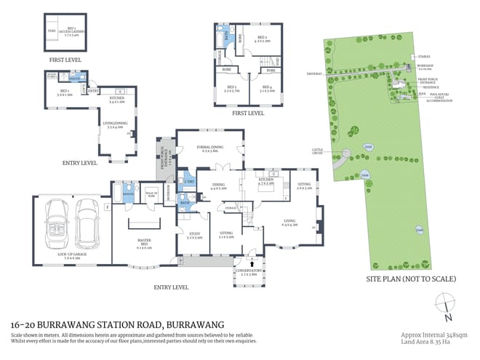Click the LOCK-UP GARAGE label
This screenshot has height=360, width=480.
coord(67,255)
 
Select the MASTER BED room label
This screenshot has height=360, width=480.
coord(143,244)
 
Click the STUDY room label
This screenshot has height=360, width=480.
coord(193,236)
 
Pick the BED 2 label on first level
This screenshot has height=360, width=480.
coord(263,39)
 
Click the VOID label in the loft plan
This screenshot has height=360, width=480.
coord(51,31)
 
